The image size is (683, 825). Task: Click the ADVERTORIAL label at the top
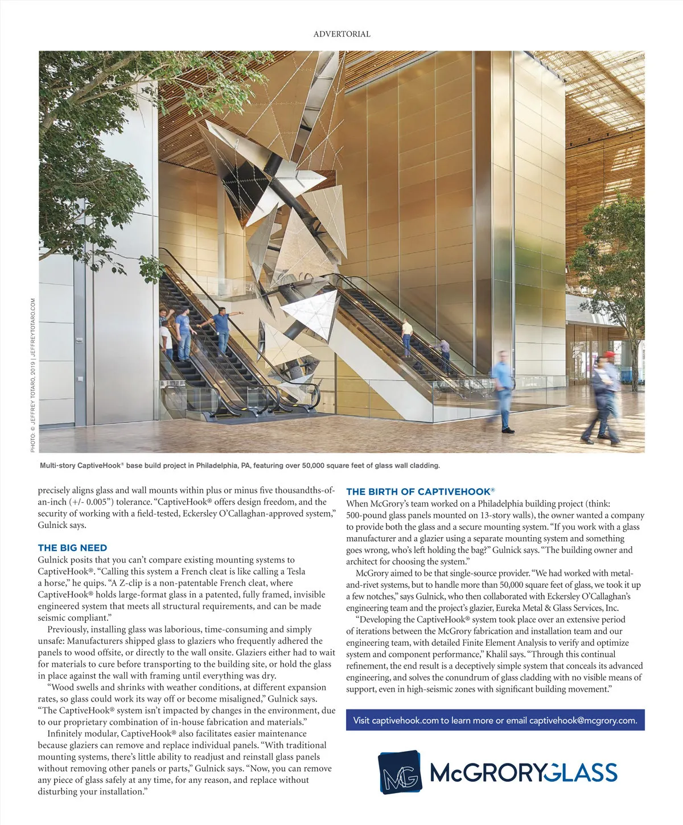pos(341,34)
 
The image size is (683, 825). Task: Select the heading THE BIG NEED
pos(72,548)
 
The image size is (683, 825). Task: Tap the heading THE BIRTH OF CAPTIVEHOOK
pos(420,492)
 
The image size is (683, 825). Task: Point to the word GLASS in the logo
pos(581,773)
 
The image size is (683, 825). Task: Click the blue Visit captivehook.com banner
pos(495,720)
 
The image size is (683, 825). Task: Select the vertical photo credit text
pos(33,376)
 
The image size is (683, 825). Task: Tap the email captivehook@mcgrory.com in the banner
pos(583,720)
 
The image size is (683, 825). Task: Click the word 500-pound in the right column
pos(365,515)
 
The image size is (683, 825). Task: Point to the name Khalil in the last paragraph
pos(501,654)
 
